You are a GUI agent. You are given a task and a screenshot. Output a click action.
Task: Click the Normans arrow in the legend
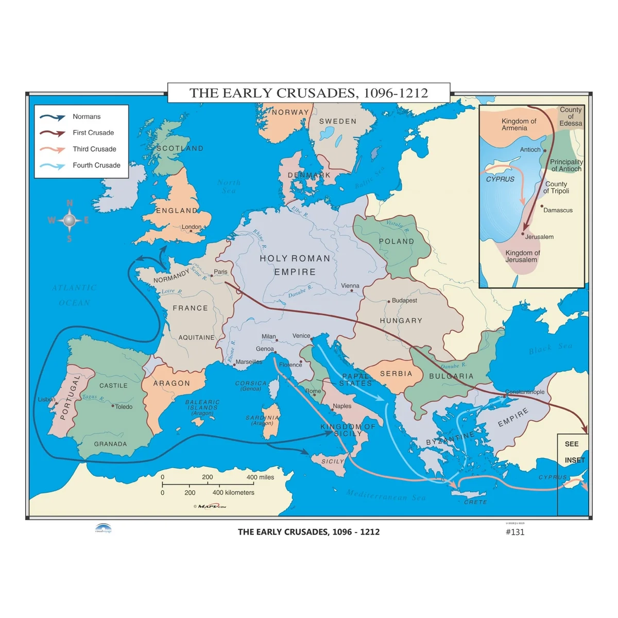pos(53,117)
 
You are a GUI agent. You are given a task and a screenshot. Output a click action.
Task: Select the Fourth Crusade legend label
pos(96,165)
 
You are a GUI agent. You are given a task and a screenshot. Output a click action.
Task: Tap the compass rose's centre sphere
pos(69,220)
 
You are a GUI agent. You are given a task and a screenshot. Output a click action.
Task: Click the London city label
pos(192,227)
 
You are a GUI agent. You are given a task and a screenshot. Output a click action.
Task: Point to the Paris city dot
pos(212,276)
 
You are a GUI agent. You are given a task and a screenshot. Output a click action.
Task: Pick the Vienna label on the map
pos(350,286)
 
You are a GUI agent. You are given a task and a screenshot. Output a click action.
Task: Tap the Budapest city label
pos(404,300)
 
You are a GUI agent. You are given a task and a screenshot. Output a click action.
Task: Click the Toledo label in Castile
pos(124,407)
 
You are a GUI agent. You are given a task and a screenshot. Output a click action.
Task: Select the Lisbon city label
pos(46,400)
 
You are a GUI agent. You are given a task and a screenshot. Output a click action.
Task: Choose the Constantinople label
pos(524,392)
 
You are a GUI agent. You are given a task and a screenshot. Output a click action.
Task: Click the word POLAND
pos(397,241)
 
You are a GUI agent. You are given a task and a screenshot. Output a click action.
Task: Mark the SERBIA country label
pos(396,373)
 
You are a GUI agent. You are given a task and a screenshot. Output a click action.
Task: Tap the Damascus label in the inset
pos(558,210)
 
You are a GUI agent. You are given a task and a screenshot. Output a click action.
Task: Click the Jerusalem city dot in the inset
pos(523,234)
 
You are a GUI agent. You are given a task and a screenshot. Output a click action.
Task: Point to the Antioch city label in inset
pos(530,150)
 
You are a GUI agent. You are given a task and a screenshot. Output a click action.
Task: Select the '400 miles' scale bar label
pos(260,477)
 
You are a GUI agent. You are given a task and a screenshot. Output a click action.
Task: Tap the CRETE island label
pos(475,502)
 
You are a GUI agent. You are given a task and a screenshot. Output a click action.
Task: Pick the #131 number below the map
pos(515,532)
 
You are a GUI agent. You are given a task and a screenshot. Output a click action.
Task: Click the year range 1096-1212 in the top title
pos(396,93)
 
